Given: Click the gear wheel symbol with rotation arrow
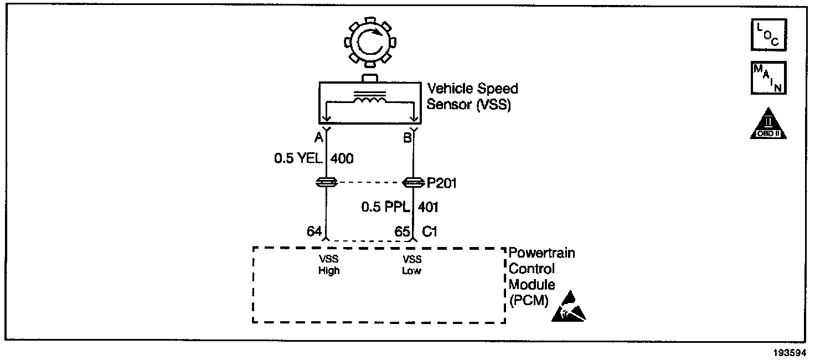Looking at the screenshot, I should click(368, 42).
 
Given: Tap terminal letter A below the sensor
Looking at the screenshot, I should click(319, 138).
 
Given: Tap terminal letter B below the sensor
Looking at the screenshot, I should click(407, 138).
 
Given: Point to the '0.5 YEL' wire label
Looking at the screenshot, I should click(298, 159).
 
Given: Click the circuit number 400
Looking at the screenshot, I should click(342, 159).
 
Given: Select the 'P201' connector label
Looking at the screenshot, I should click(441, 183).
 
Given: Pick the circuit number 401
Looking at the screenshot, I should click(429, 207).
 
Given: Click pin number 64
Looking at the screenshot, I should click(314, 232).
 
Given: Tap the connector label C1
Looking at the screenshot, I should click(430, 232).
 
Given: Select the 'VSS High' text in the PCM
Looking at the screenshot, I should click(328, 265).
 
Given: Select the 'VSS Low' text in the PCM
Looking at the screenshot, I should click(412, 265).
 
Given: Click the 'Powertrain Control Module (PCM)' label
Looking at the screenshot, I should click(541, 277).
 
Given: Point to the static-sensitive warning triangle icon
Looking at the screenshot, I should click(569, 308).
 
